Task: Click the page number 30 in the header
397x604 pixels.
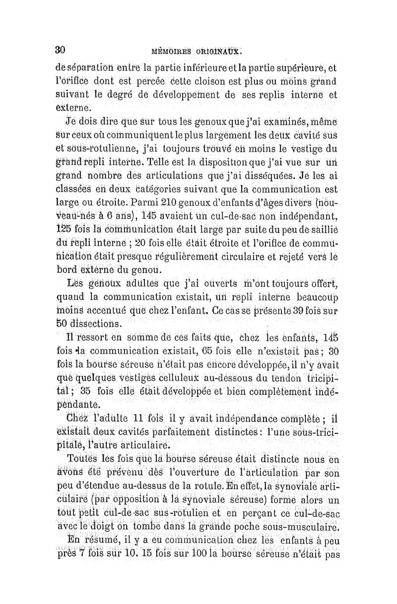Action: click(60, 50)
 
